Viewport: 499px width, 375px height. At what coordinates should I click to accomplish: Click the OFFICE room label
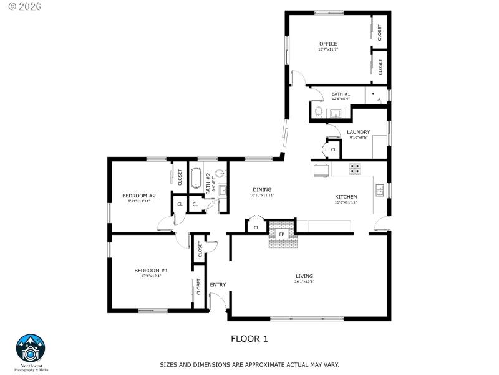pyautogui.click(x=328, y=44)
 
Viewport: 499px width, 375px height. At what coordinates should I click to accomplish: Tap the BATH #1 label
pyautogui.click(x=341, y=94)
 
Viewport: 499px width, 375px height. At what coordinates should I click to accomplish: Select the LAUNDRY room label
pyautogui.click(x=358, y=132)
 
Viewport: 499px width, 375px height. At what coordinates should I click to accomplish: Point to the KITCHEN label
pyautogui.click(x=346, y=197)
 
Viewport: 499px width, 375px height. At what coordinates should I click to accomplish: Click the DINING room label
pyautogui.click(x=262, y=190)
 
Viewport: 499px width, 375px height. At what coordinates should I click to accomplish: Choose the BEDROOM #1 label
pyautogui.click(x=151, y=271)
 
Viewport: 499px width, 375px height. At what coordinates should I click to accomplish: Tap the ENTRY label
pyautogui.click(x=218, y=285)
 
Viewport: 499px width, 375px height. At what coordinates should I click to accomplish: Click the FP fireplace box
pyautogui.click(x=281, y=234)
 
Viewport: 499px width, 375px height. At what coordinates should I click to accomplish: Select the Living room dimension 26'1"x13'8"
pyautogui.click(x=304, y=281)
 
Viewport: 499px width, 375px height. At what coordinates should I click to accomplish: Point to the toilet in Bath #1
pyautogui.click(x=318, y=112)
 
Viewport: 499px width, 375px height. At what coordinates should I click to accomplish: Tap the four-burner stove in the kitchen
pyautogui.click(x=354, y=168)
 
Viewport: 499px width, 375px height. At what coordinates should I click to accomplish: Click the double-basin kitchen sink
pyautogui.click(x=379, y=188)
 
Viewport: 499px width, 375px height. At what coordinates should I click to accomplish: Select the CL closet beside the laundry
pyautogui.click(x=333, y=149)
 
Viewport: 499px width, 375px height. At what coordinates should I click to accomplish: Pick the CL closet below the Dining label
pyautogui.click(x=256, y=227)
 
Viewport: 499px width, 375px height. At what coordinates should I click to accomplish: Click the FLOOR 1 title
pyautogui.click(x=249, y=339)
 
